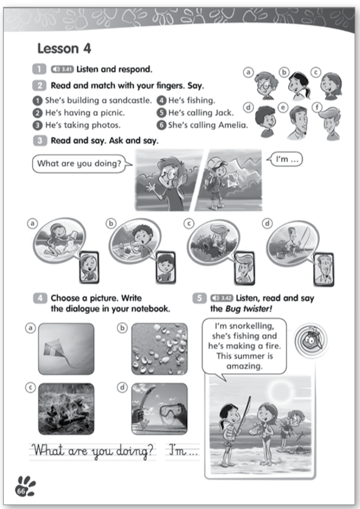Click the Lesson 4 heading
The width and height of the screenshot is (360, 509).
[x=64, y=49]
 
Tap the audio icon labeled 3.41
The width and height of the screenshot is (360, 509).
[x=62, y=69]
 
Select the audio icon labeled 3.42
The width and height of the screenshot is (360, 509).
[x=222, y=298]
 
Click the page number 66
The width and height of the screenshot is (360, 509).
[x=21, y=491]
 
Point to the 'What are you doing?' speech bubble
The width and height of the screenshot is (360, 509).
[x=80, y=163]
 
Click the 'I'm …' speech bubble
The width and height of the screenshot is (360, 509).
[x=286, y=159]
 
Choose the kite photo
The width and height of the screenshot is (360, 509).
[x=66, y=349]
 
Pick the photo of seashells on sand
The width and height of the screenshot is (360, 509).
[x=159, y=349]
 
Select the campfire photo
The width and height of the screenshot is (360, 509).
[x=66, y=409]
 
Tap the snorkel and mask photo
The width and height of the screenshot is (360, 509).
[x=159, y=409]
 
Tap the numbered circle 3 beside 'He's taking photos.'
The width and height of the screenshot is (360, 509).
[x=38, y=126]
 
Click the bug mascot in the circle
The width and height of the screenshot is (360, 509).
[x=311, y=341]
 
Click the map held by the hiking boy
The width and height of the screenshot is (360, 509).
[x=234, y=179]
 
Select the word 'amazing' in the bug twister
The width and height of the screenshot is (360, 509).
[x=244, y=366]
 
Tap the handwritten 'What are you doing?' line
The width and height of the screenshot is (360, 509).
[x=93, y=451]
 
